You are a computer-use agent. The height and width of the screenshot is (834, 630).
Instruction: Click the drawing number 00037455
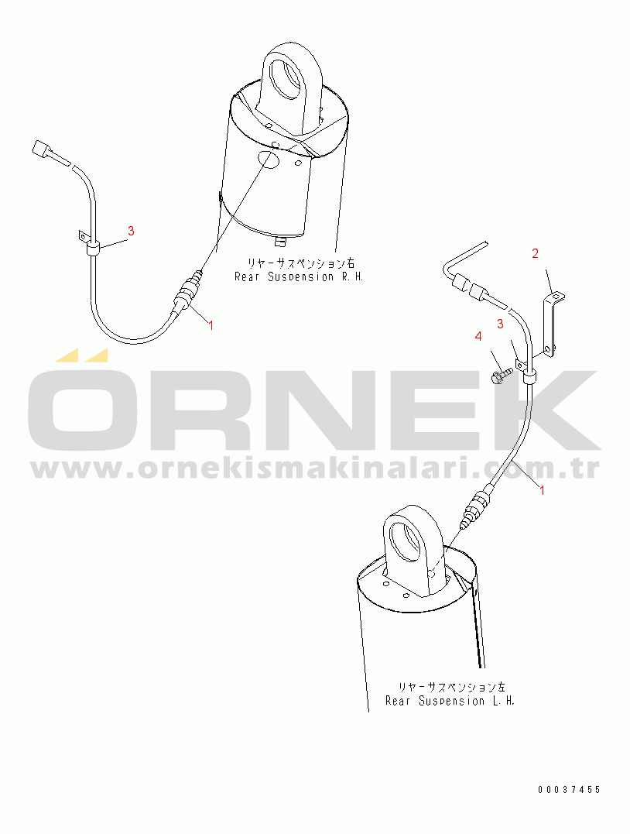[x=569, y=790]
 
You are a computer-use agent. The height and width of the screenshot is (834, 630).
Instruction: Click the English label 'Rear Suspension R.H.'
[x=299, y=277]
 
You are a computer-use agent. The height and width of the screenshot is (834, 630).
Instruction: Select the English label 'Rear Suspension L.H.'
[x=450, y=701]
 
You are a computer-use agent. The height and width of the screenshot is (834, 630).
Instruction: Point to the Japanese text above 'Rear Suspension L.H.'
[x=452, y=687]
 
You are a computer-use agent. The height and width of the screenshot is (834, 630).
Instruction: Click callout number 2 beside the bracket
[x=536, y=254]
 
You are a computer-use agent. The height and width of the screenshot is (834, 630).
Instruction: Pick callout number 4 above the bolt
[x=478, y=336]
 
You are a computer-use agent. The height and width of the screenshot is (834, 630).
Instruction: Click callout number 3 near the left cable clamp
[x=131, y=231]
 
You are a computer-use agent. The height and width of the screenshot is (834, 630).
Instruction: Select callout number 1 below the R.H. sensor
[x=211, y=325]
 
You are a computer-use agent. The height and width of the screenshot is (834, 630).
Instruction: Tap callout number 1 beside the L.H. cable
[x=543, y=490]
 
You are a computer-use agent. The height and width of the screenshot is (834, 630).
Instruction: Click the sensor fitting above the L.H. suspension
[x=474, y=507]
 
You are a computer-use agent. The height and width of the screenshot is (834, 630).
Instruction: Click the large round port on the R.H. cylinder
[x=269, y=160]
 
